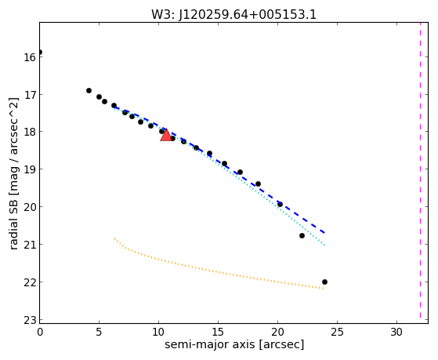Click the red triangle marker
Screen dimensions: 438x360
pos(166,135)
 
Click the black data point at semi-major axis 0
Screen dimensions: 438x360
pos(40,53)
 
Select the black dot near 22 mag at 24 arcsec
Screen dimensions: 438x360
pos(324,282)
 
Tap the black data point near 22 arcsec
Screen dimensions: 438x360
pos(302,236)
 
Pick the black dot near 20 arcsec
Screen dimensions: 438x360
pos(280,205)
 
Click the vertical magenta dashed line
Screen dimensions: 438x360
pos(420,171)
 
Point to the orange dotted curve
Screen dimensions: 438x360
pos(212,270)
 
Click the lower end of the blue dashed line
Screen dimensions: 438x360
pos(324,233)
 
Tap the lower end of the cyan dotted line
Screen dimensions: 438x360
pos(324,245)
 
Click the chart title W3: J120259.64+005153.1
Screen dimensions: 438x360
pos(233,14)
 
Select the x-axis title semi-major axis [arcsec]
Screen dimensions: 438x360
pos(234,344)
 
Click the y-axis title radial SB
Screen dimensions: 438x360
pos(13,223)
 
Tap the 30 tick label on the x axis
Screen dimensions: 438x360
pos(396,332)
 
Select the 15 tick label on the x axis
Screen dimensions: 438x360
pos(218,332)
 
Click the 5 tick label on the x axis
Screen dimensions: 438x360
pos(100,332)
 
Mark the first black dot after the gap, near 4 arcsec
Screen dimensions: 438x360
pos(89,91)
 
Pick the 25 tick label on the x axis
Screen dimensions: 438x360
pos(337,332)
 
